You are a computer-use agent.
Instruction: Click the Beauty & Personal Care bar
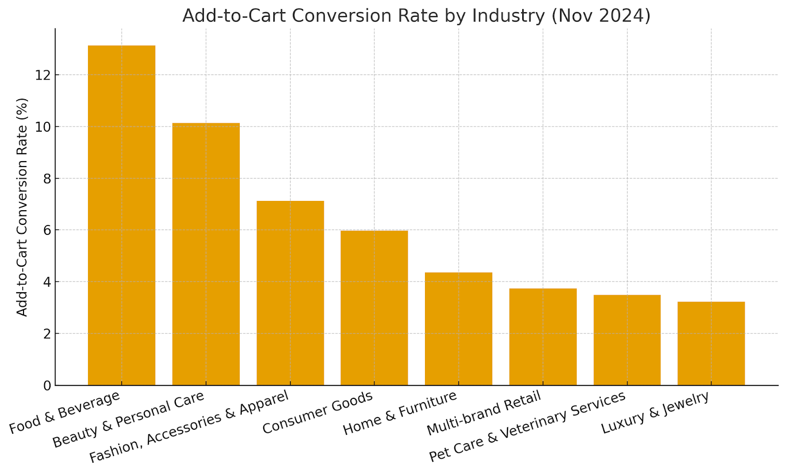click(x=206, y=254)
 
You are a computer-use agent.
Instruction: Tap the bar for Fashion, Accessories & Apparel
click(x=290, y=293)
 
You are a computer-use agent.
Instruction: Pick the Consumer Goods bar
click(x=374, y=307)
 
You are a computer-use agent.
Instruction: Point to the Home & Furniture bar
click(x=458, y=329)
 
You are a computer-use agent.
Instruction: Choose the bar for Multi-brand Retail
click(x=543, y=336)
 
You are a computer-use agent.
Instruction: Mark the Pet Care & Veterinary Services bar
click(x=627, y=340)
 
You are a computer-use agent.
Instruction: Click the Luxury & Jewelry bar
click(x=711, y=343)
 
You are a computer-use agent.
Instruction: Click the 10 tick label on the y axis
click(x=43, y=127)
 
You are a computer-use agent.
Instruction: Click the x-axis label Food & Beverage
click(x=65, y=413)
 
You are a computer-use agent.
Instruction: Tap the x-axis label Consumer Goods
click(x=318, y=413)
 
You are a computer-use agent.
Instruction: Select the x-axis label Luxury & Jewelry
click(x=656, y=413)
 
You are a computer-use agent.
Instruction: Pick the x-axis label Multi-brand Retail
click(x=484, y=413)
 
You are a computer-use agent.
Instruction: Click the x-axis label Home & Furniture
click(x=400, y=413)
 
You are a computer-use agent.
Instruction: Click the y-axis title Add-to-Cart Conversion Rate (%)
click(x=23, y=207)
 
